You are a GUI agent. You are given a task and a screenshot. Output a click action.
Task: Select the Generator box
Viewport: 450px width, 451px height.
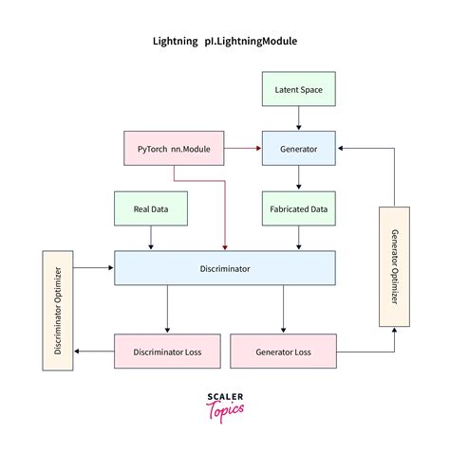point(299,150)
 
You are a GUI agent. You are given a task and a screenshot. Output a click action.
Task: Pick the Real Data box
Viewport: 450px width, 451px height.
point(149,208)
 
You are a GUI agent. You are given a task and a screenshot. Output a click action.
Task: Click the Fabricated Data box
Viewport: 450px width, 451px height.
point(299,208)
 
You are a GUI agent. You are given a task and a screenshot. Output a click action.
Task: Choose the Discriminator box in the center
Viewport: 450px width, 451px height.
point(224,268)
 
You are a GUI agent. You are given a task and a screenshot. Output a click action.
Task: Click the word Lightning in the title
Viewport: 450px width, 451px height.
point(177,42)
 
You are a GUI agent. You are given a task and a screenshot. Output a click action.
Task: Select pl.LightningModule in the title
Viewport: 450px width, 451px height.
point(255,42)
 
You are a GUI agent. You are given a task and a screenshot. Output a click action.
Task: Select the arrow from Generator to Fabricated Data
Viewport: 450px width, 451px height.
point(299,178)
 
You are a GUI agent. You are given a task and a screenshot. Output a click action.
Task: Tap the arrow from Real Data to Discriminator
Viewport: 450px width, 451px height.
point(149,238)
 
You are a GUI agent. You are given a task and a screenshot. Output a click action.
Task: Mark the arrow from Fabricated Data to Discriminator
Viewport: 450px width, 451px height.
point(299,238)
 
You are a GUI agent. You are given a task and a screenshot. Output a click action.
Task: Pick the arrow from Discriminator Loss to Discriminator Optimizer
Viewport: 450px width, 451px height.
point(93,351)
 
